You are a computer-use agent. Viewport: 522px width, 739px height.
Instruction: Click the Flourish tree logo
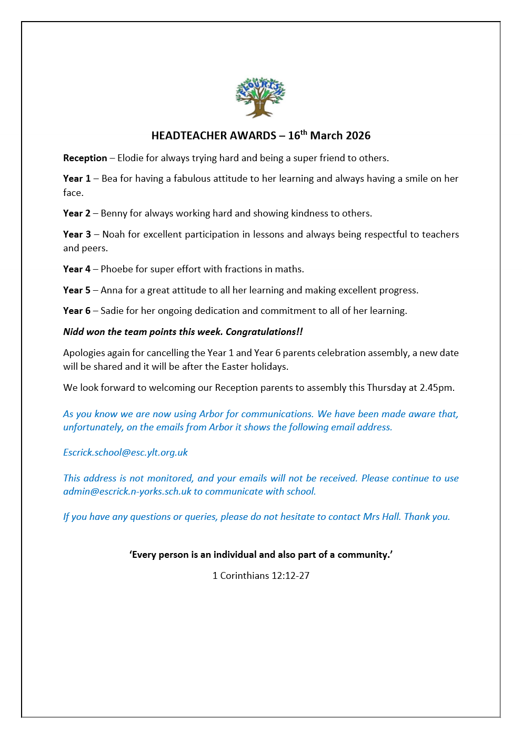pyautogui.click(x=260, y=97)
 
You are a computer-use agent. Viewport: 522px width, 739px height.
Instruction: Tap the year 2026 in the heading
pyautogui.click(x=358, y=136)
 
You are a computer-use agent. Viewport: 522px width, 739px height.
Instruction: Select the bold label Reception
pyautogui.click(x=85, y=158)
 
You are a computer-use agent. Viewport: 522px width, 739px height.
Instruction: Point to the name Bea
pyautogui.click(x=109, y=179)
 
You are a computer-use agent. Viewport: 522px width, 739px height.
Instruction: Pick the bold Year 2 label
pyautogui.click(x=77, y=213)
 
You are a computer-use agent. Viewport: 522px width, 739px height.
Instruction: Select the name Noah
pyautogui.click(x=114, y=234)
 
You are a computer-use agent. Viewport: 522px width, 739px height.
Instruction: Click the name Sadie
pyautogui.click(x=112, y=311)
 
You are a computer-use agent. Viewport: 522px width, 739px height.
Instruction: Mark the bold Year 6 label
pyautogui.click(x=77, y=311)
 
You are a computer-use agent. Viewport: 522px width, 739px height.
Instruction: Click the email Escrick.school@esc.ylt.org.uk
pyautogui.click(x=125, y=452)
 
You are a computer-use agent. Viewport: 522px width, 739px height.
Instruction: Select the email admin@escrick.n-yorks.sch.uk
pyautogui.click(x=127, y=491)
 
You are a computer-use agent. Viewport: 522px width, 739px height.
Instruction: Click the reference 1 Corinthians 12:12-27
pyautogui.click(x=261, y=576)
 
